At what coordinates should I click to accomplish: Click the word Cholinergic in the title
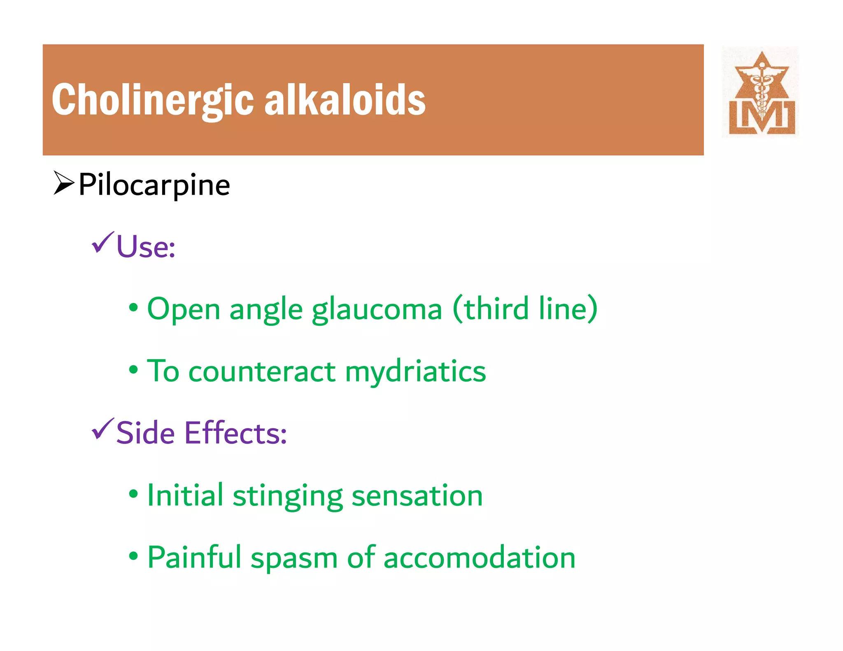tap(152, 100)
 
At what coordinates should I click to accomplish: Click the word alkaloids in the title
tap(345, 100)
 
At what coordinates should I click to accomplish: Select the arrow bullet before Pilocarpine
tap(63, 183)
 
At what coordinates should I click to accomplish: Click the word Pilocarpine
tap(154, 185)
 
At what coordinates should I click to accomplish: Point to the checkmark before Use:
tap(102, 243)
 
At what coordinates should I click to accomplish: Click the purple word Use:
tap(146, 247)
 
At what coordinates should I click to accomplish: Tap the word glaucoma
tap(377, 309)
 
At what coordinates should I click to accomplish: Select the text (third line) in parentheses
tap(525, 309)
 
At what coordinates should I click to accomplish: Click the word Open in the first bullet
tap(184, 309)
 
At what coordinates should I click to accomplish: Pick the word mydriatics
tap(415, 372)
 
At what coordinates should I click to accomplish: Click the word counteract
tap(262, 372)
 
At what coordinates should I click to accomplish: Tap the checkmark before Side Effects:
tap(102, 429)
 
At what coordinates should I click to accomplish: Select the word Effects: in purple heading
tap(235, 433)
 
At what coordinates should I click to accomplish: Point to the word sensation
tap(417, 495)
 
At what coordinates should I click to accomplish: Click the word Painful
tap(194, 558)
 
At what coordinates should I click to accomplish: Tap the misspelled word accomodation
tap(479, 558)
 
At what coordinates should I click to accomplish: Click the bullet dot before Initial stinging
tap(133, 494)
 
